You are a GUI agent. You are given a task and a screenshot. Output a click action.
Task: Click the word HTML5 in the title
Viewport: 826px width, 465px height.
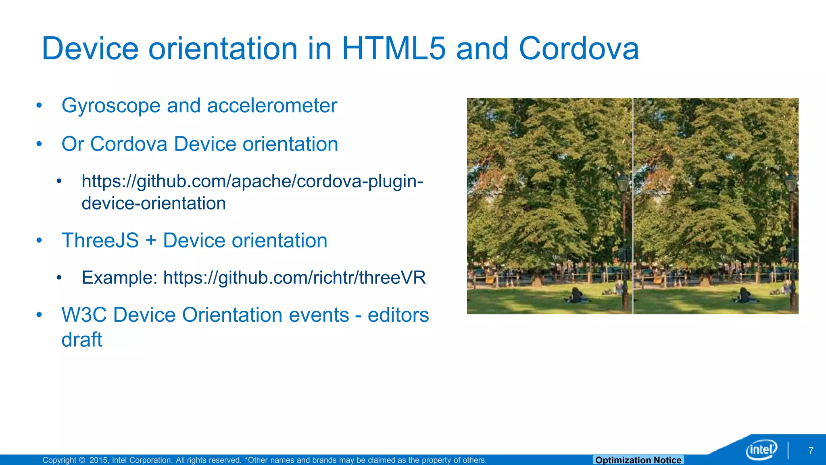[x=394, y=49]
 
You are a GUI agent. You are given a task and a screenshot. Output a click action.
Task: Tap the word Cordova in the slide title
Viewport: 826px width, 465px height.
[x=578, y=49]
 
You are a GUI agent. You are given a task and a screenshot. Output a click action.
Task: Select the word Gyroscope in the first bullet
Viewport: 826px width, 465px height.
[x=111, y=106]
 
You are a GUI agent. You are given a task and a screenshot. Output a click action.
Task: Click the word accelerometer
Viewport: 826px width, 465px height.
[x=272, y=106]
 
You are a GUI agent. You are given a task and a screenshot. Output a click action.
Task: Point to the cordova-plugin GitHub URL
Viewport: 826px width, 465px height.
[x=252, y=192]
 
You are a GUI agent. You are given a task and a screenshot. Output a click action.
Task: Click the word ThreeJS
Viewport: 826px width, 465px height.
[x=100, y=241]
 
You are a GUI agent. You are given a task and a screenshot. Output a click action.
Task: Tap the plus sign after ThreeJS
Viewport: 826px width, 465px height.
[x=151, y=241]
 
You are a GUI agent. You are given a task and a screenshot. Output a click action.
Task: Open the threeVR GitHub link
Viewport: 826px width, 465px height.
[x=294, y=278]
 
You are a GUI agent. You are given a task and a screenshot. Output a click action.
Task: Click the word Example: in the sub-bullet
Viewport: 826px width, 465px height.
[x=119, y=278]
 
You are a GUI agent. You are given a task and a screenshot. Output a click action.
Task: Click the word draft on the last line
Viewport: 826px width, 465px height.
[x=82, y=339]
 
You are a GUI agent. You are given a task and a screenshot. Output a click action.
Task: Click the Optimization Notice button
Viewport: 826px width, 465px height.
[x=638, y=460]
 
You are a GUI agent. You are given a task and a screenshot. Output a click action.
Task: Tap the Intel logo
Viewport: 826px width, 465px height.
[x=761, y=449]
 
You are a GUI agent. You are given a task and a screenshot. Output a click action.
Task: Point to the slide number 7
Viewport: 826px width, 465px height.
[x=811, y=450]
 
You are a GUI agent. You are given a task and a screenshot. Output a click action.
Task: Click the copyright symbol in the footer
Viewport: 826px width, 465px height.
[x=82, y=460]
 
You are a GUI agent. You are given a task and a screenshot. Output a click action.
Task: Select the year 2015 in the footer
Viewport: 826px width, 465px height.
[x=98, y=460]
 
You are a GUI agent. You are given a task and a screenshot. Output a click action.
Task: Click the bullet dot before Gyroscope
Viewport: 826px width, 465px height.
[x=39, y=106]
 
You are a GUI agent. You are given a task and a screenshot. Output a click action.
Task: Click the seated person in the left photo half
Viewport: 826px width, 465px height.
[x=576, y=295]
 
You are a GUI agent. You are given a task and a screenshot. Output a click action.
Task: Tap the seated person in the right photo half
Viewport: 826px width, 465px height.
[x=745, y=295]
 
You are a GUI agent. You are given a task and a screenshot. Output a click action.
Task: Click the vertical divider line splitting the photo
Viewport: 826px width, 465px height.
[x=633, y=206]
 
